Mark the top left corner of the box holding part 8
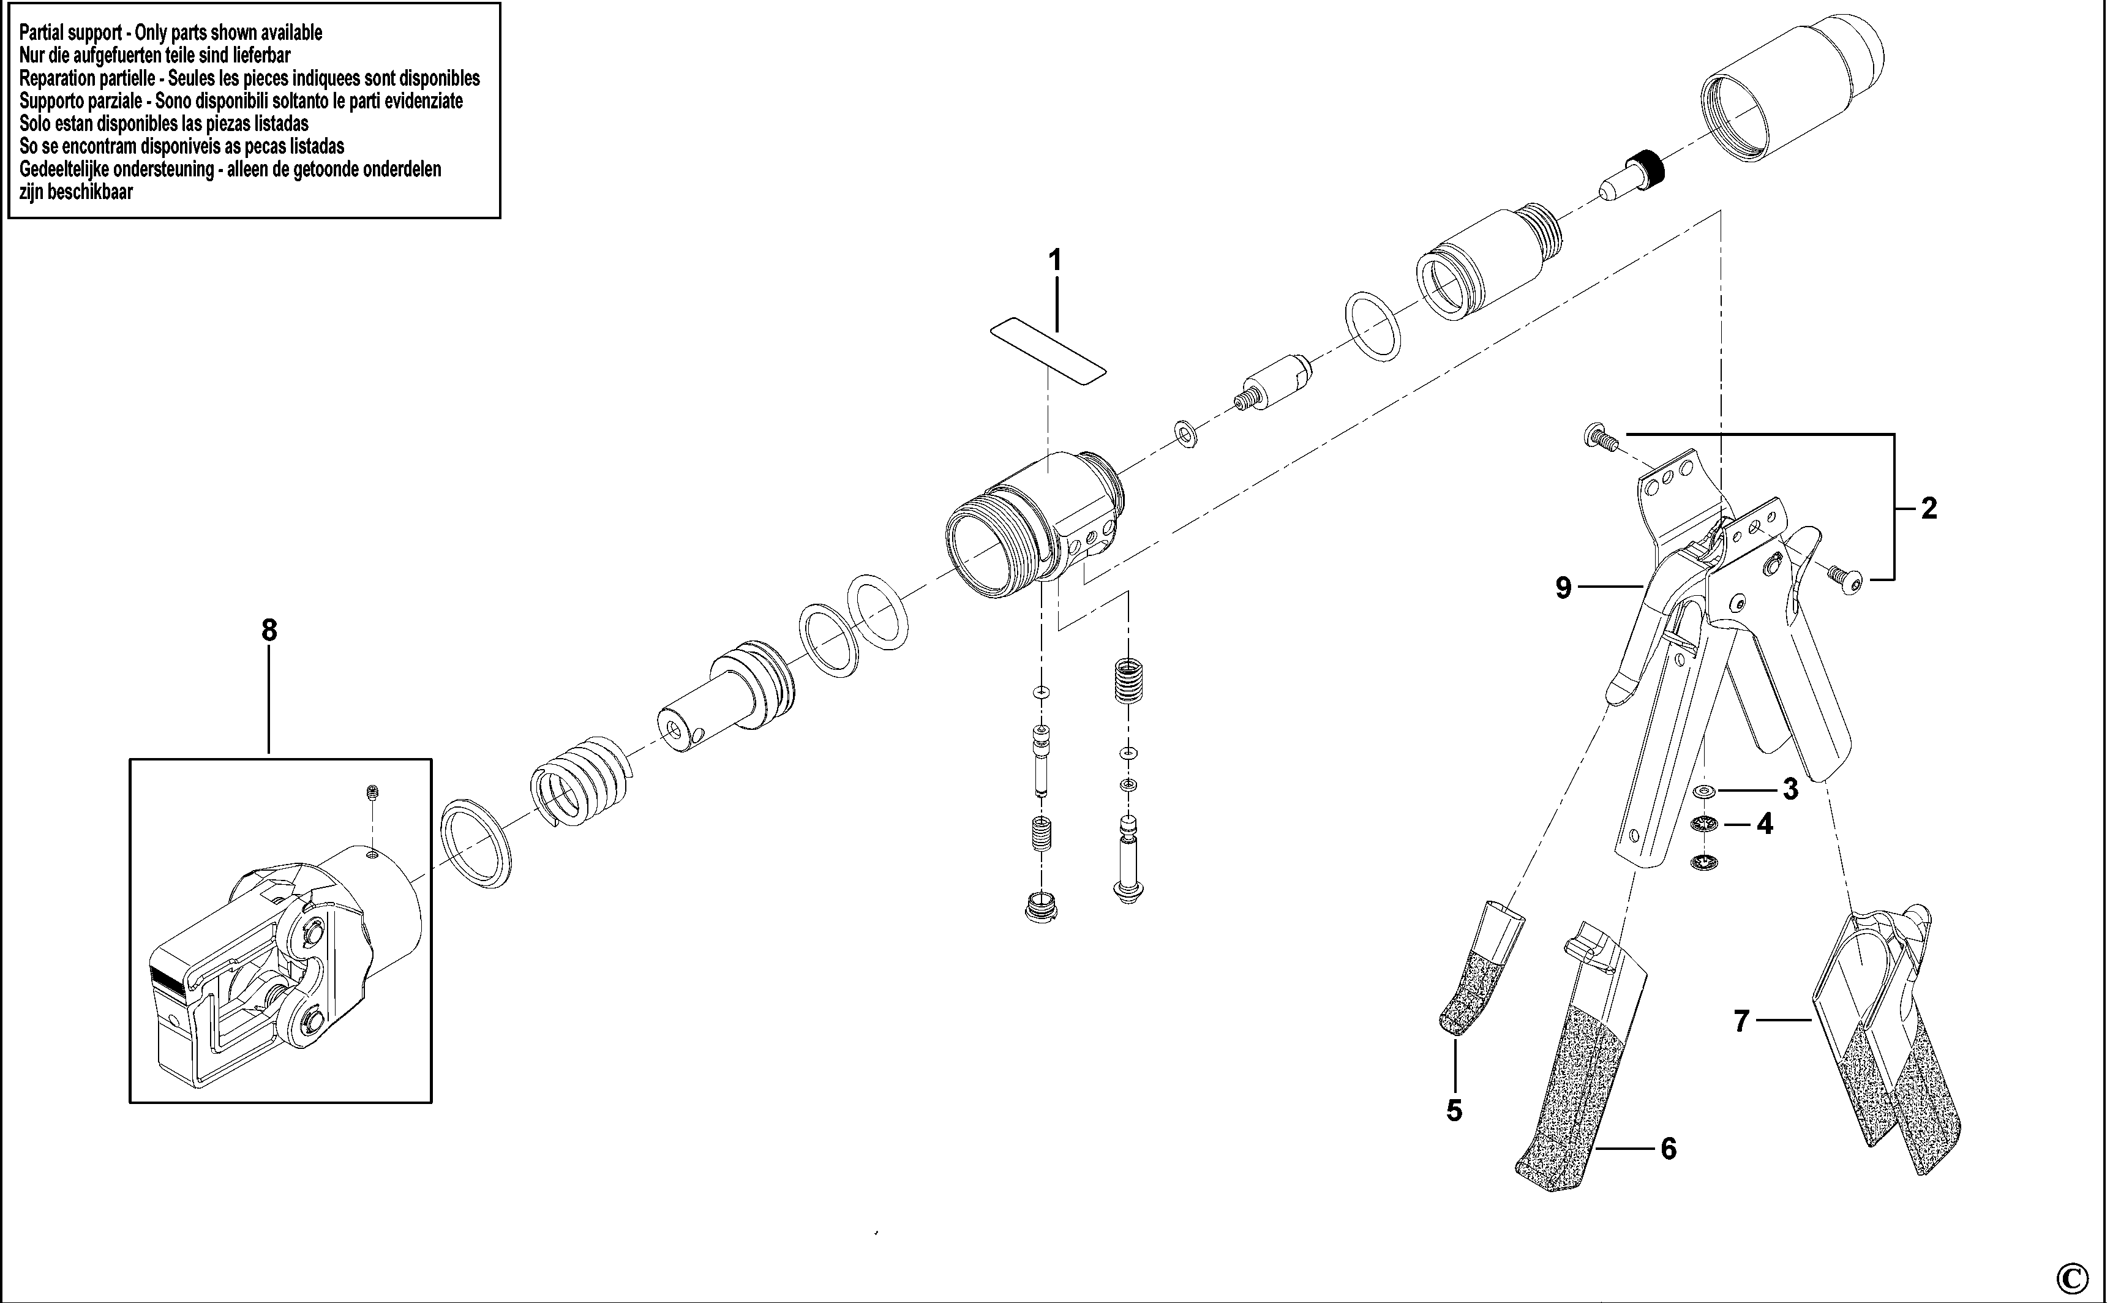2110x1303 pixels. [x=130, y=759]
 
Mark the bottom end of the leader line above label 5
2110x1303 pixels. [x=1455, y=1091]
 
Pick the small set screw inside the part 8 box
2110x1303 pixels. [x=372, y=792]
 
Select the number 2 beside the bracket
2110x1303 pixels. [x=1929, y=508]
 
